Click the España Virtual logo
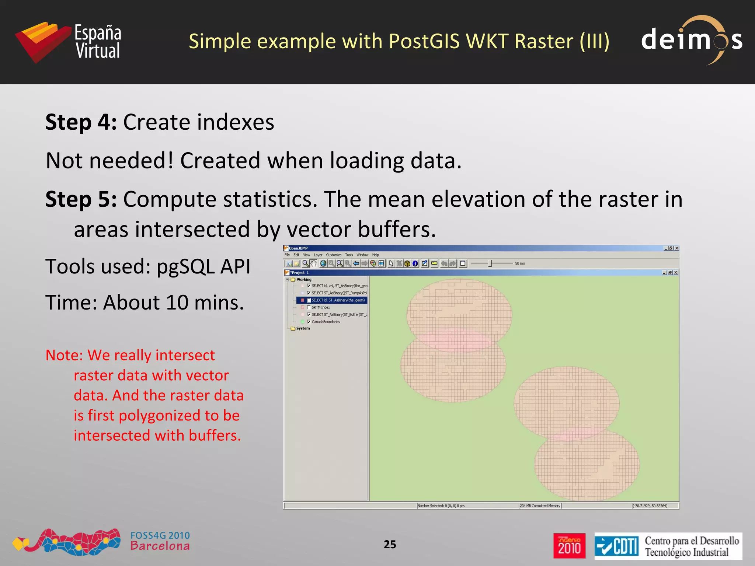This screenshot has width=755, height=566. [x=68, y=42]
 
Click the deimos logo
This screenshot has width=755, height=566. [x=691, y=40]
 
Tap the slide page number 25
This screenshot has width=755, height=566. [x=390, y=544]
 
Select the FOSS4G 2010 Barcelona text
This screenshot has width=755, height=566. [x=160, y=541]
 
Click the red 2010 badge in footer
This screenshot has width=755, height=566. [x=569, y=546]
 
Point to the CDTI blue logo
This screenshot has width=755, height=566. [x=617, y=546]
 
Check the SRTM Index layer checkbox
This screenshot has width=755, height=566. [x=309, y=307]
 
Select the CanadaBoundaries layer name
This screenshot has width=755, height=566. [x=326, y=322]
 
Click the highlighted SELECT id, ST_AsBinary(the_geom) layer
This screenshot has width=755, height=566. [x=338, y=300]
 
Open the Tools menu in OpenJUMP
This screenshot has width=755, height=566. [x=349, y=255]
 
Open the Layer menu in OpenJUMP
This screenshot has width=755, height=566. [x=318, y=255]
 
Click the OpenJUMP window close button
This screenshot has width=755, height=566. [x=676, y=248]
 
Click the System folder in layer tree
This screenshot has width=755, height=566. [x=303, y=328]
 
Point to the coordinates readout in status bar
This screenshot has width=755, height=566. [x=650, y=506]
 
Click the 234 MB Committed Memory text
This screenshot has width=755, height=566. [x=540, y=506]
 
